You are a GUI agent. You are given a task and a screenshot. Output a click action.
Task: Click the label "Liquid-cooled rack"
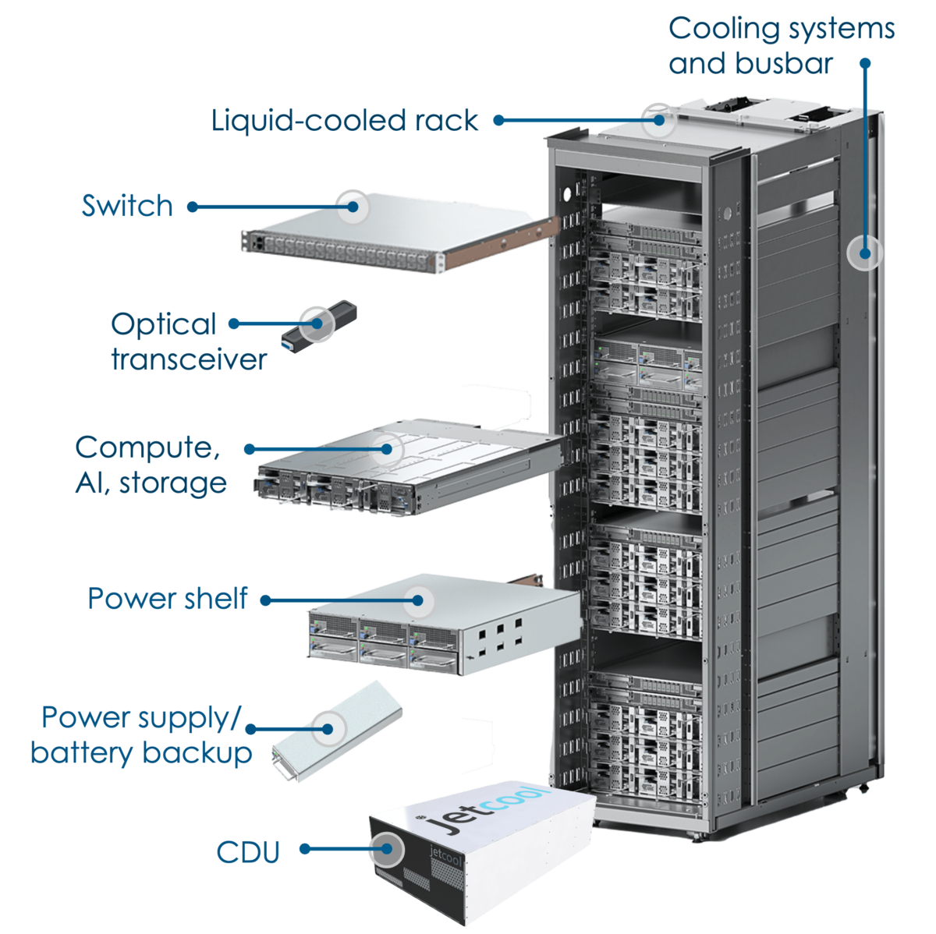(x=344, y=121)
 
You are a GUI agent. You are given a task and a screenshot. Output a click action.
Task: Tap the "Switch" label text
(x=127, y=207)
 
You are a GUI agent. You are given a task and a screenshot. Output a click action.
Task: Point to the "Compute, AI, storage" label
(x=151, y=465)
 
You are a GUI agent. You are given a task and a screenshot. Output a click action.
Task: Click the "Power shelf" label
(x=167, y=599)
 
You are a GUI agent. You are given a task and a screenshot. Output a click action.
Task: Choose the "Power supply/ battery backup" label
(x=141, y=735)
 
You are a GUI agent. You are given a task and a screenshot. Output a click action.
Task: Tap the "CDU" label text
(x=248, y=851)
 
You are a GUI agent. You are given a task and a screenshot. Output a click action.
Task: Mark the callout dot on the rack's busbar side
(x=864, y=253)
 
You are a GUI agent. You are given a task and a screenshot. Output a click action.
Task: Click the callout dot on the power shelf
(x=418, y=600)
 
